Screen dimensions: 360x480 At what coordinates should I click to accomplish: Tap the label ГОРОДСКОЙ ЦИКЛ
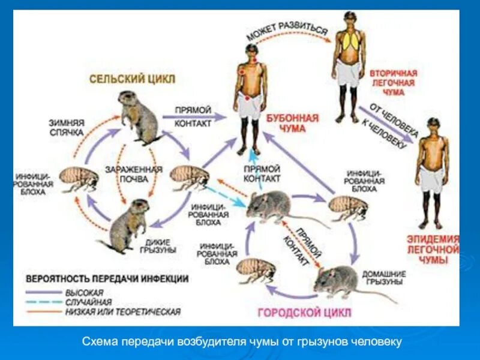click(304, 313)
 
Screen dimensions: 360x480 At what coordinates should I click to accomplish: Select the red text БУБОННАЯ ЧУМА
click(292, 124)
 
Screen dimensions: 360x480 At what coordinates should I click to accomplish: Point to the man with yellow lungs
click(349, 66)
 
